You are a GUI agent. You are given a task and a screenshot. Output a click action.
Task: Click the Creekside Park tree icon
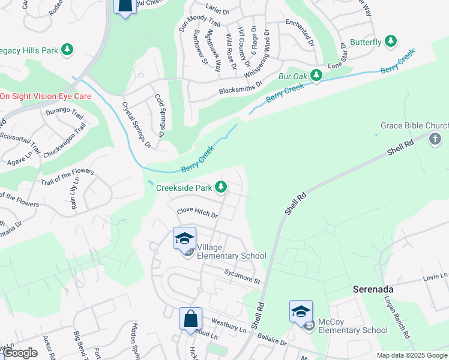pyautogui.click(x=221, y=188)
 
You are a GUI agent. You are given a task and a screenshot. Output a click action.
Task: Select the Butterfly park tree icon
pyautogui.click(x=391, y=41)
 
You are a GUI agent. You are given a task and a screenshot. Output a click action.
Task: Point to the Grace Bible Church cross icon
pyautogui.click(x=435, y=140)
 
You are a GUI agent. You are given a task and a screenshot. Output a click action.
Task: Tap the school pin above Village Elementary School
pyautogui.click(x=185, y=238)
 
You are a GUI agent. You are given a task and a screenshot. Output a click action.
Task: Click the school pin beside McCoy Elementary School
pyautogui.click(x=301, y=311)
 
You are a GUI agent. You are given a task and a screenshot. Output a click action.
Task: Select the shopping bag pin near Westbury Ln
pyautogui.click(x=190, y=318)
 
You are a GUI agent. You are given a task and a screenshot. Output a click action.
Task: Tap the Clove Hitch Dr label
pyautogui.click(x=197, y=212)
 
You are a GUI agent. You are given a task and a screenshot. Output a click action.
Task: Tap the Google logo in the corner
pyautogui.click(x=20, y=353)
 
